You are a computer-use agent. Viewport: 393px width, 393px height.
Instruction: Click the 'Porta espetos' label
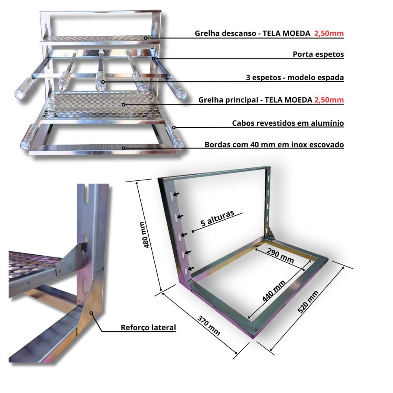tap(318, 54)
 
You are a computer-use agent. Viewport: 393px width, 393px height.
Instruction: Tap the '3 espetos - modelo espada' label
tap(295, 77)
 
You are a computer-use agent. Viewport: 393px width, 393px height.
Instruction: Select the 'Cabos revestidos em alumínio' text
tap(288, 123)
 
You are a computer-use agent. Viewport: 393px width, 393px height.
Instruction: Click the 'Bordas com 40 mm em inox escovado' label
tap(274, 145)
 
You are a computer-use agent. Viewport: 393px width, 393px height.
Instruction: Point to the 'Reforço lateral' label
tap(149, 328)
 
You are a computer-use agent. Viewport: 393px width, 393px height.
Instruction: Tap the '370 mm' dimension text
tap(209, 325)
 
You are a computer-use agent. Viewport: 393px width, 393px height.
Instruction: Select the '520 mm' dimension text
tap(308, 302)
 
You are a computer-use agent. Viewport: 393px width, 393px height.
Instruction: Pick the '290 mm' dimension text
tap(280, 256)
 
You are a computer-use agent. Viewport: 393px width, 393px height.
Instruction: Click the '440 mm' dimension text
tap(274, 291)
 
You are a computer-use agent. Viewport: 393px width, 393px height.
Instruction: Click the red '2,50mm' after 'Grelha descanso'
tap(329, 33)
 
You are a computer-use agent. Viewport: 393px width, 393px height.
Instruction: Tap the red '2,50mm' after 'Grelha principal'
tap(329, 100)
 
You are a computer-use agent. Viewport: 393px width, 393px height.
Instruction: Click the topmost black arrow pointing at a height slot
tap(176, 194)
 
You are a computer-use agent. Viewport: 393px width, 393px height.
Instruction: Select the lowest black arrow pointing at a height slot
tap(191, 269)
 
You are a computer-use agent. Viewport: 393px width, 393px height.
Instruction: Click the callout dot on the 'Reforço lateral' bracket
tap(92, 313)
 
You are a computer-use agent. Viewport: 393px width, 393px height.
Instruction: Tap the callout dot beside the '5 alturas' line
tap(193, 231)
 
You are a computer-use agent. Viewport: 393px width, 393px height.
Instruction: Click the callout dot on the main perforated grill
tap(123, 105)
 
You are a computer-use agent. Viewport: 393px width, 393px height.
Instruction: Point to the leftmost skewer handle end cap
tap(19, 95)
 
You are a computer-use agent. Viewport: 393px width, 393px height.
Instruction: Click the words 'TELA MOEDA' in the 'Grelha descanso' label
tap(286, 33)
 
